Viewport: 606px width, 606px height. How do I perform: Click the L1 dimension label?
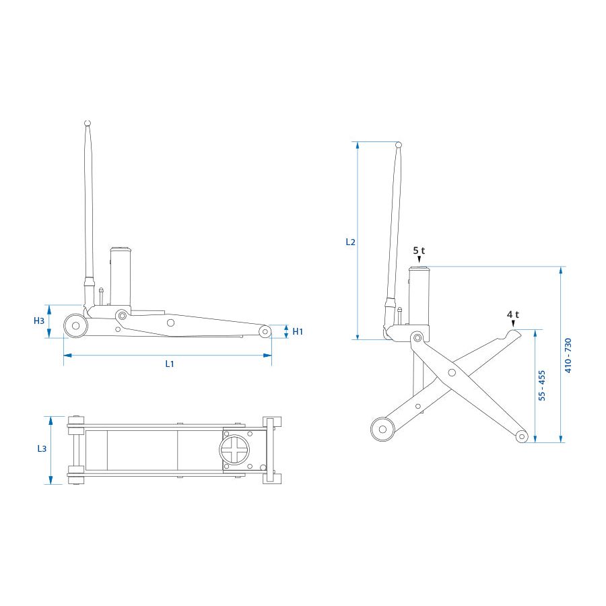coord(170,364)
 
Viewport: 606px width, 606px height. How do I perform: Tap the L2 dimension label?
coord(350,242)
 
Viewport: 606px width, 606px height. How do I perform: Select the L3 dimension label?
coord(42,448)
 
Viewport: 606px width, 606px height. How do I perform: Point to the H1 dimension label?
coord(298,331)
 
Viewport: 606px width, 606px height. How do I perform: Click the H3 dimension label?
coord(39,321)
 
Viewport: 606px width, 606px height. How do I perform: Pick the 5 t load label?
coord(419,250)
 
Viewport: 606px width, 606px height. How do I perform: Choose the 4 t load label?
coord(513,314)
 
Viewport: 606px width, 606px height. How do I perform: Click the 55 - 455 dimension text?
coord(542,385)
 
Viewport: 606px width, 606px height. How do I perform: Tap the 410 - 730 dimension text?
coord(568,356)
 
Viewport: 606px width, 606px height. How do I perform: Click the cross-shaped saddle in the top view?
coord(234,450)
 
